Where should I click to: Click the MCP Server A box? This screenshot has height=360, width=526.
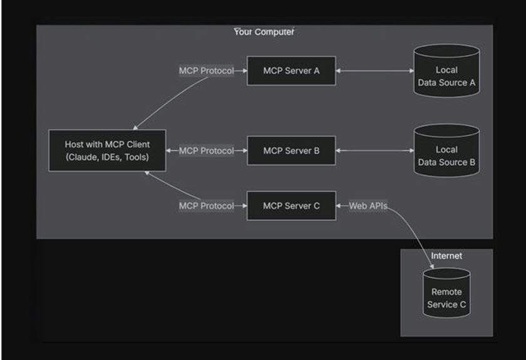point(291,71)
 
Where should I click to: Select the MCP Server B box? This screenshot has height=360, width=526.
point(291,151)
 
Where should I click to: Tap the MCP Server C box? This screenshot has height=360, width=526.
point(291,205)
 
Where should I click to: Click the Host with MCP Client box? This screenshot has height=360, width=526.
point(107,151)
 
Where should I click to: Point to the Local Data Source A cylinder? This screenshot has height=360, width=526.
point(446,71)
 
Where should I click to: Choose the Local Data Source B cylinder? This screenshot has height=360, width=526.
point(446,151)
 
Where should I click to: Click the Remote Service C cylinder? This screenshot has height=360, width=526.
point(446,293)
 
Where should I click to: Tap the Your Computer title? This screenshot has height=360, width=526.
point(264,32)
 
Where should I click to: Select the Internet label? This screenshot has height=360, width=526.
point(446,255)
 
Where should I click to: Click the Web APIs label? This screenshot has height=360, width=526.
point(368,205)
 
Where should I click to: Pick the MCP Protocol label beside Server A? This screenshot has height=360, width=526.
point(206,71)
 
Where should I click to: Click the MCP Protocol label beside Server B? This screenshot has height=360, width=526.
point(206,151)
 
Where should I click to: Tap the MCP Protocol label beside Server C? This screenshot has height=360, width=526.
point(206,205)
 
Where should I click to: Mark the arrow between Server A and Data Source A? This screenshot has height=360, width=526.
point(374,71)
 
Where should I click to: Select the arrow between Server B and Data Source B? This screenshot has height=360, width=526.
point(374,151)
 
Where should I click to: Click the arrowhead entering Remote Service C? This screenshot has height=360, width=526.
point(432,266)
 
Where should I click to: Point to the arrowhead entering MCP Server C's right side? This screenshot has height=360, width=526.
point(339,205)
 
